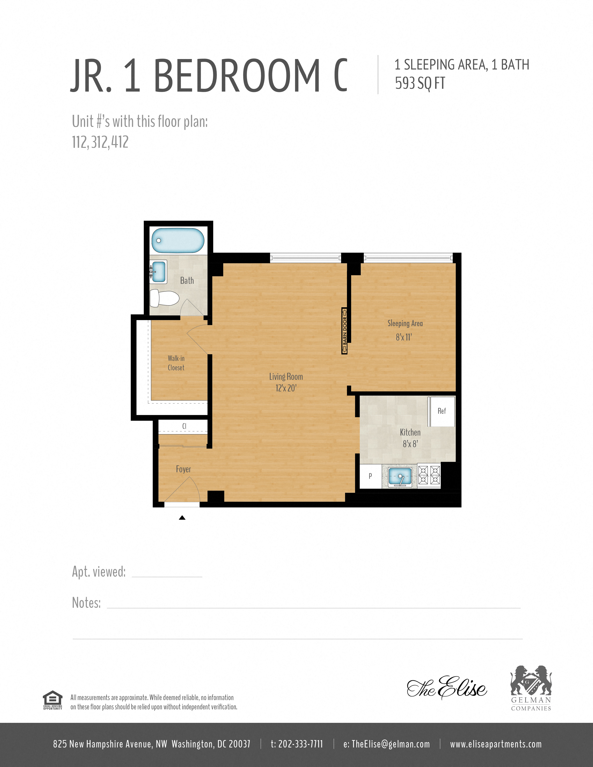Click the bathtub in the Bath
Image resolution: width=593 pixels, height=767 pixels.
point(178,241)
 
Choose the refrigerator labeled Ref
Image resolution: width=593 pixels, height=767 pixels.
point(442,411)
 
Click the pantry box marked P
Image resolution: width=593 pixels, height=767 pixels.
point(370,476)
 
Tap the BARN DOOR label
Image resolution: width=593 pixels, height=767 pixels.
point(345,331)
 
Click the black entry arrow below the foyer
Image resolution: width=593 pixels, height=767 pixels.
point(182,518)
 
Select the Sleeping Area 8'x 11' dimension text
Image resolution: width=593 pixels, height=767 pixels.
point(404,337)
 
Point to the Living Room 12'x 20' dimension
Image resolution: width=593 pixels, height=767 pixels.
point(286,388)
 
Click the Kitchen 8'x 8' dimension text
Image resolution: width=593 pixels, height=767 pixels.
point(410,444)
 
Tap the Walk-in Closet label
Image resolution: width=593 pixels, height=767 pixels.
point(176,363)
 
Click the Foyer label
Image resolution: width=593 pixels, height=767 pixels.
point(183,469)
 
